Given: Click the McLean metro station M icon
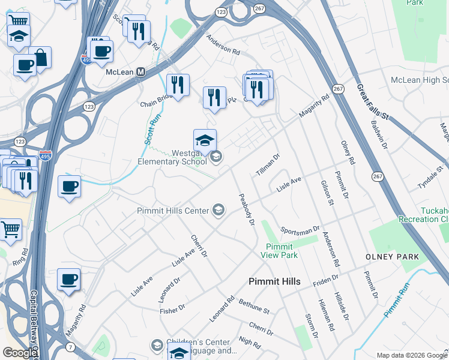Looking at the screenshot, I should (141, 71).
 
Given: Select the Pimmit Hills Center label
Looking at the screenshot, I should (172, 211).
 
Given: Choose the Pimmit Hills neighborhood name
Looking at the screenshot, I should (274, 281).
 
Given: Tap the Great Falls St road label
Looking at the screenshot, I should (372, 103).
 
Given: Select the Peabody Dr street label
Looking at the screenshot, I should (247, 209).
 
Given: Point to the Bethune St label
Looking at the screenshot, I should (254, 306).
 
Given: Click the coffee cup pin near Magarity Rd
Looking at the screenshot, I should (69, 280).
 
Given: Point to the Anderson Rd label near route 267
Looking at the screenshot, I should (223, 45).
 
